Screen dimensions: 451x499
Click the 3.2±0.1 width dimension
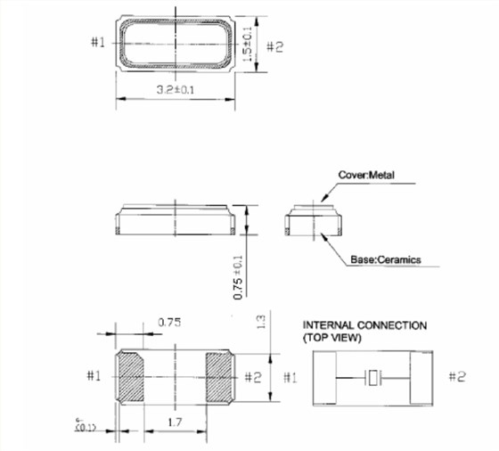point(176,90)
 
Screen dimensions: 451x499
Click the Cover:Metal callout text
point(366,175)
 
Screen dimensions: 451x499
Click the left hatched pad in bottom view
point(130,376)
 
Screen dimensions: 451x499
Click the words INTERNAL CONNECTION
point(364,325)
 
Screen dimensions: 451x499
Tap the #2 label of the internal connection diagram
point(455,377)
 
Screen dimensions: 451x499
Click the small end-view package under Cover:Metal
point(312,221)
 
